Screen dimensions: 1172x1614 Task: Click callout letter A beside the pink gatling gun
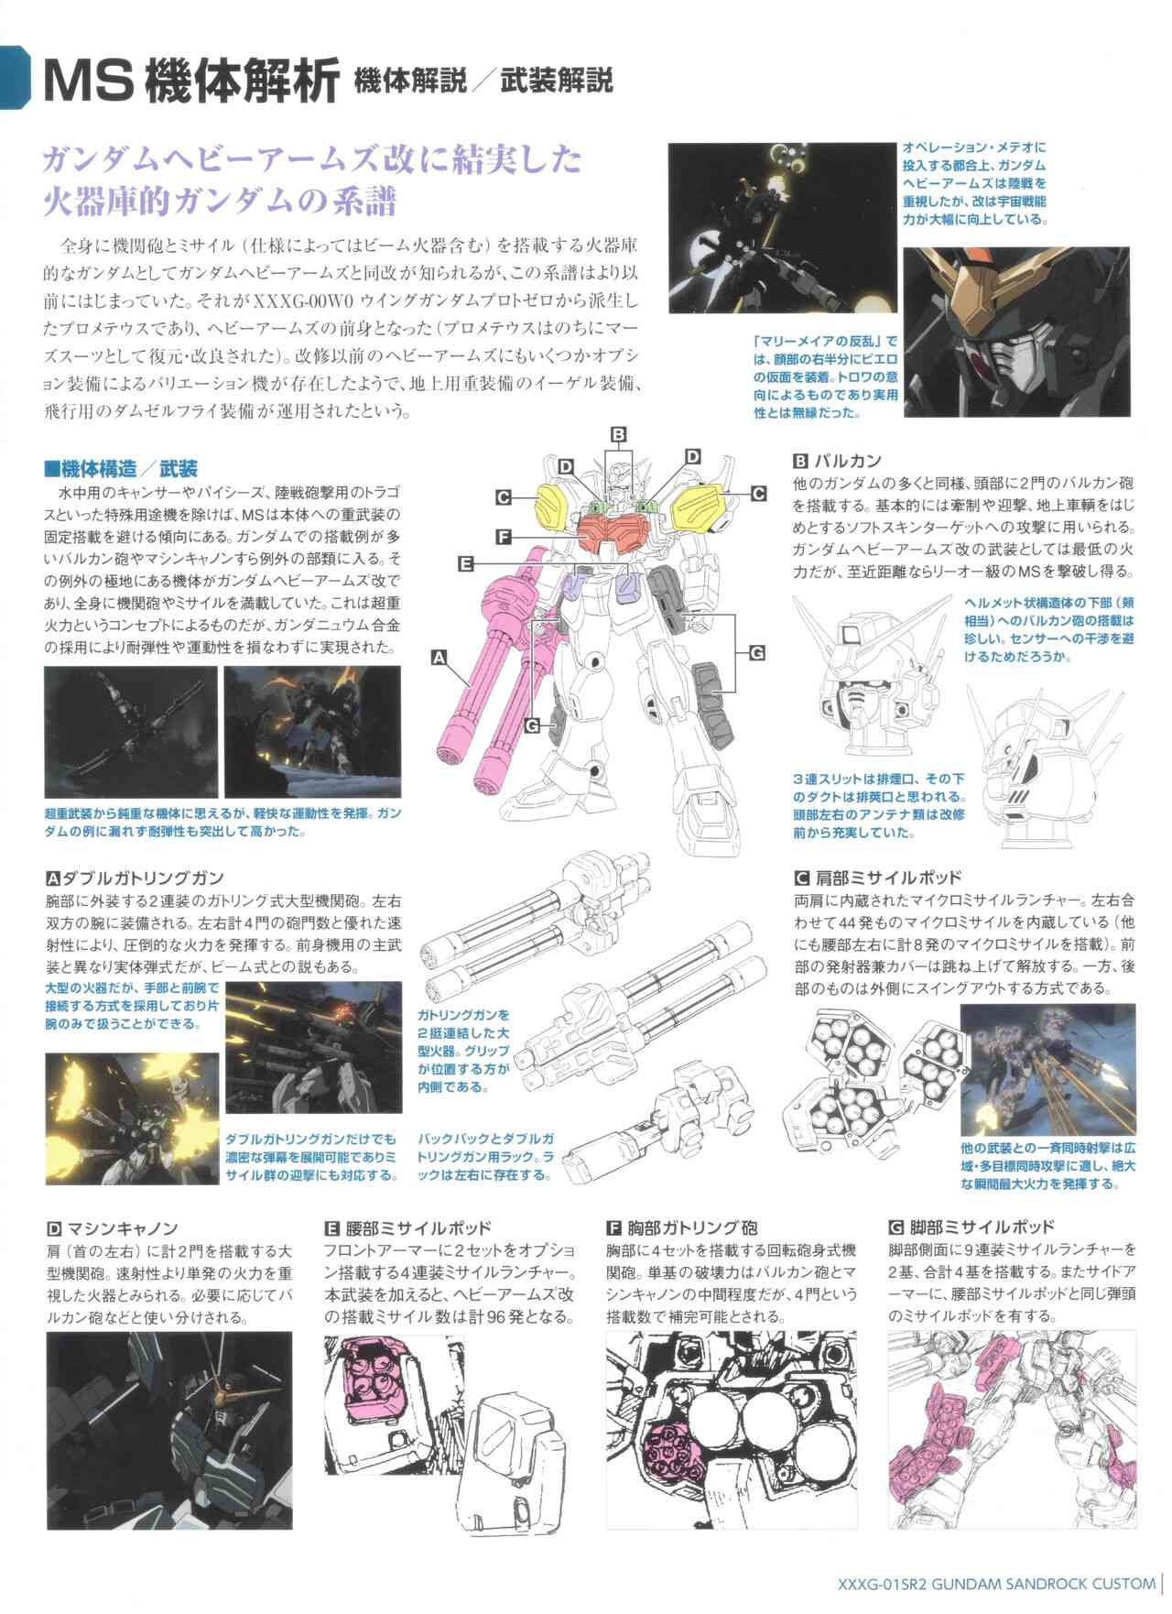coord(439,657)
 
